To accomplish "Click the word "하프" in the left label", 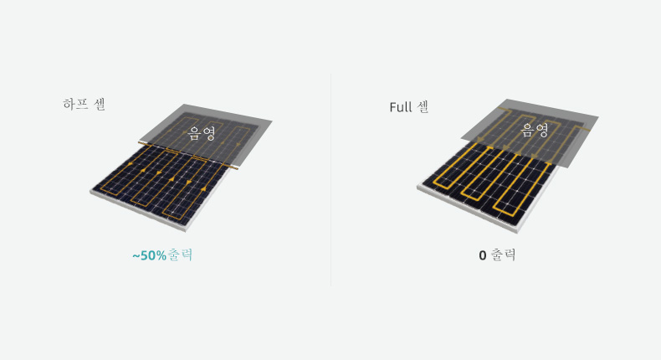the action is tap(75, 104).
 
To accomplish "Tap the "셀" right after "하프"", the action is tap(100, 104).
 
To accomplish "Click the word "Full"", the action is tap(401, 107).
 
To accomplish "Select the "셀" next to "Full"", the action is tap(423, 107).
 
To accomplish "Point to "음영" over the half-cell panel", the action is tap(202, 133).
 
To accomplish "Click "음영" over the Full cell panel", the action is tap(535, 130).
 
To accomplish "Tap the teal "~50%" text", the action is tap(149, 255).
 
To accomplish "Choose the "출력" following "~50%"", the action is tap(180, 255).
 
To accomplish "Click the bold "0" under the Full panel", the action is tap(483, 255).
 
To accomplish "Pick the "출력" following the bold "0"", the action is tap(504, 255).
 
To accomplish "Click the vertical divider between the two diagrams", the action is tap(331, 180).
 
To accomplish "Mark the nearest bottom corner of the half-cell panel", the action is tap(187, 231).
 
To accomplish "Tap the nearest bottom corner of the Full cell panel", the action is tap(517, 233).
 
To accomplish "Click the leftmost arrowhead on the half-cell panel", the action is tap(131, 164).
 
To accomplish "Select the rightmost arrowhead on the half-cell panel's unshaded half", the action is tap(203, 188).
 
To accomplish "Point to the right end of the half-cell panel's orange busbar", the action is tap(238, 168).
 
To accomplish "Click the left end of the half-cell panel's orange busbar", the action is tap(139, 143).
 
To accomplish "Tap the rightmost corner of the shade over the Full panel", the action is tap(598, 116).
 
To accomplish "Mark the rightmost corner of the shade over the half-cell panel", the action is tap(272, 121).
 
